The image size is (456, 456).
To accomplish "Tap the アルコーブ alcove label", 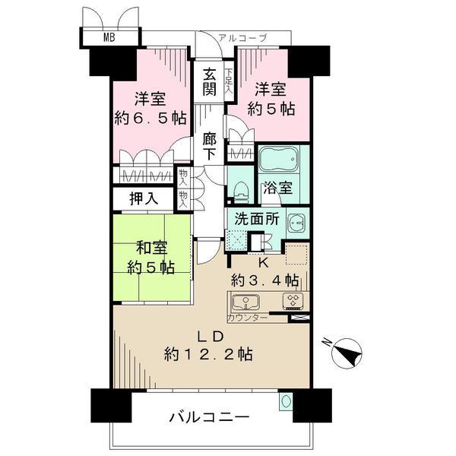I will click(x=242, y=37).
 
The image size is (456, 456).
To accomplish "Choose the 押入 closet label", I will click(x=143, y=199).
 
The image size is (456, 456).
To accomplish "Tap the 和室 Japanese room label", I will click(x=151, y=248).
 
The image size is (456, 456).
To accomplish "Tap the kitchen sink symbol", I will click(x=246, y=301).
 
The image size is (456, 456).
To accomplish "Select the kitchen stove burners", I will click(x=293, y=301).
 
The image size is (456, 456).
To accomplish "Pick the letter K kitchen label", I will click(x=263, y=262).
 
